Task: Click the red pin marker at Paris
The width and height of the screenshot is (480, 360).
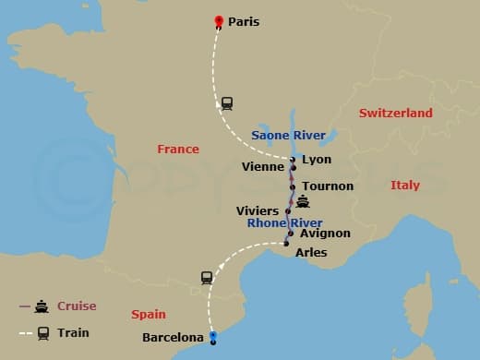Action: (219, 21)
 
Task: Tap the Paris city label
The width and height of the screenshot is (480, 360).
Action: (244, 20)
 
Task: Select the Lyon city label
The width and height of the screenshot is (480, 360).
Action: (316, 160)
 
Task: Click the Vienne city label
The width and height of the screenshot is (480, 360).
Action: (263, 168)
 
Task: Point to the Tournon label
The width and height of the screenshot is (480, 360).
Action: (327, 186)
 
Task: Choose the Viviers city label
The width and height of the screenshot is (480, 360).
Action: (257, 211)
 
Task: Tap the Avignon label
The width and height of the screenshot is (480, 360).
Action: (325, 234)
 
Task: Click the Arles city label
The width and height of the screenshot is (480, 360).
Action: (310, 252)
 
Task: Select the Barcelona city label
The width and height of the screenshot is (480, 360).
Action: (173, 338)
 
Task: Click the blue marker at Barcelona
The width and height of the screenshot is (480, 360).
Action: (212, 337)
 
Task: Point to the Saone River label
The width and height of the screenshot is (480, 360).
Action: (289, 136)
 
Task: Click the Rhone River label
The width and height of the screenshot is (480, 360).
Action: (284, 223)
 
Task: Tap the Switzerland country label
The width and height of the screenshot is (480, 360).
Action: (396, 113)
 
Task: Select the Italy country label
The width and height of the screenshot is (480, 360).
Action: (404, 186)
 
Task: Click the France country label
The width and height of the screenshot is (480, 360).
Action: (178, 149)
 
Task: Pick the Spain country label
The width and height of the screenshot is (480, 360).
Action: (149, 314)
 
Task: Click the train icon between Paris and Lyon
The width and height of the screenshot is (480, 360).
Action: (226, 102)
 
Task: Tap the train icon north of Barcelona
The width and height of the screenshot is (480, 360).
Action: (207, 276)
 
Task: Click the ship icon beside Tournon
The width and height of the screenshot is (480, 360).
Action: (303, 202)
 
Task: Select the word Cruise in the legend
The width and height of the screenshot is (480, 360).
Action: (77, 306)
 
